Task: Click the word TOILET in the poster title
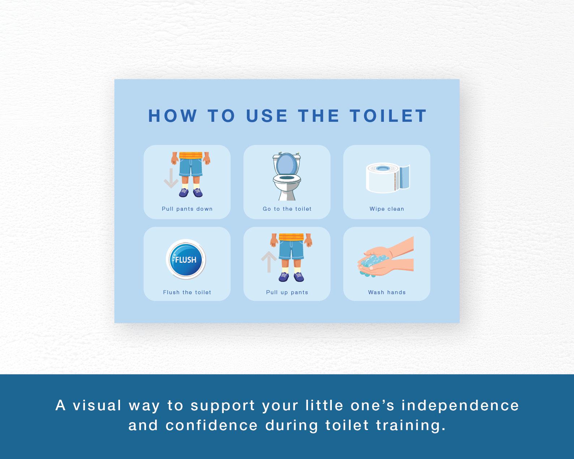coord(388,116)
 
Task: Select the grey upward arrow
coord(269,262)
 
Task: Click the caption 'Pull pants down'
coord(187,209)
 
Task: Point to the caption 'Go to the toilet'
coord(287,209)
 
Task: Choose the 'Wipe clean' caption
coord(387,209)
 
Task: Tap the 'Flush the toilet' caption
coord(187,292)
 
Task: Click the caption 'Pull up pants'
coord(287,292)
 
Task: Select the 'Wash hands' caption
coord(387,292)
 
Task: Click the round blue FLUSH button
coord(186,259)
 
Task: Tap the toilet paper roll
coord(387,177)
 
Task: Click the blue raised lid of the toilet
coord(287,164)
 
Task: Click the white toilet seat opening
coord(287,178)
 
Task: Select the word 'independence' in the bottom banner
coord(460,406)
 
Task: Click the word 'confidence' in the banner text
coord(212,425)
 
